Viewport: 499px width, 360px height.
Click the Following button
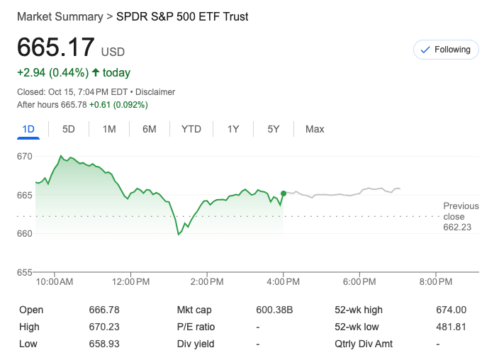coord(446,50)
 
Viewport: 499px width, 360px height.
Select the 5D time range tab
coord(69,129)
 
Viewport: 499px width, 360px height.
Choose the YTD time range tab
coord(191,129)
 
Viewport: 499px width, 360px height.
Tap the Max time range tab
coord(315,129)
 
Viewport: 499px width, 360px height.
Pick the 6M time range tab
coord(149,129)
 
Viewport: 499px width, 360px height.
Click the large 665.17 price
coord(56,47)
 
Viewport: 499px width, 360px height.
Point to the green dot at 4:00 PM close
coord(284,193)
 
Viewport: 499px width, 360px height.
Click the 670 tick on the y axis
coord(26,156)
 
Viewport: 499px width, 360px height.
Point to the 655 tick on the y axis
coord(26,272)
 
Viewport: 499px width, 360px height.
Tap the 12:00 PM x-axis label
coord(131,282)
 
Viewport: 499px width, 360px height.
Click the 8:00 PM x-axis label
coord(435,282)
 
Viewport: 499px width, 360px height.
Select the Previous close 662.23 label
coord(461,217)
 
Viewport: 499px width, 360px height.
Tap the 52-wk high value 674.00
coord(451,310)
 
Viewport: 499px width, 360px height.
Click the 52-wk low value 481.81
coord(451,327)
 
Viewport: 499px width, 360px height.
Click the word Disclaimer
coord(155,92)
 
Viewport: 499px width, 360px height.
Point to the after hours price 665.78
coord(74,105)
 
